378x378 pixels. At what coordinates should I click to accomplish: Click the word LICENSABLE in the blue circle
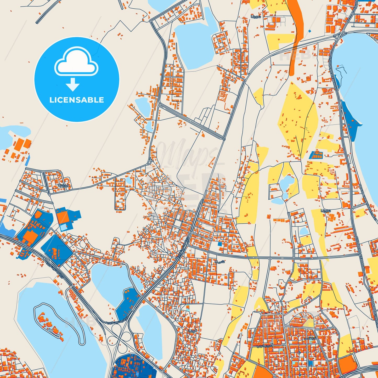[77, 100]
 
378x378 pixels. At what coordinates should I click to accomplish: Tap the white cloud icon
[76, 63]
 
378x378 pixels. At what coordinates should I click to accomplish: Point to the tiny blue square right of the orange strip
[310, 31]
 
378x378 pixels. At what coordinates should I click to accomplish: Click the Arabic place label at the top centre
[256, 17]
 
